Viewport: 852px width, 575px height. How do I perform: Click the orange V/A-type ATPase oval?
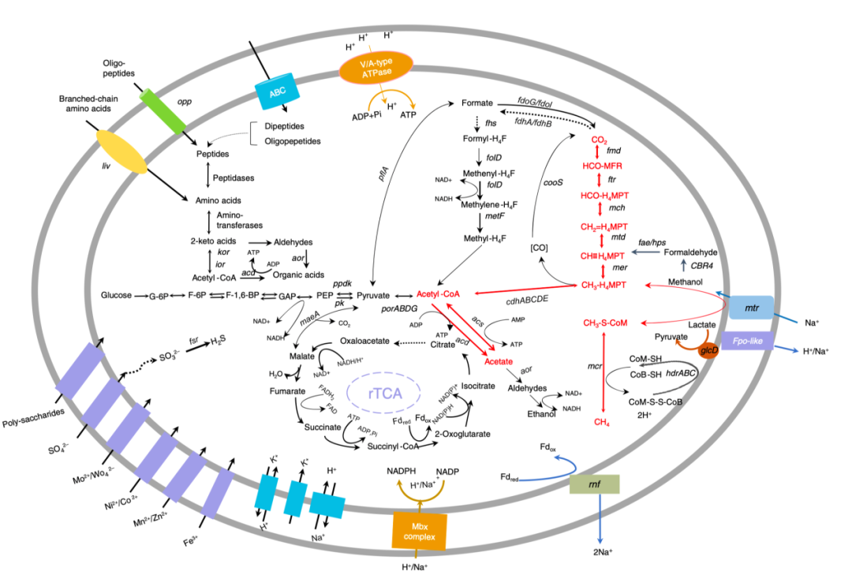coord(376,66)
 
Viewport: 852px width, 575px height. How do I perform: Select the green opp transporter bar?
coord(163,110)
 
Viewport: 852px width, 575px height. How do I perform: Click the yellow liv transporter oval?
coord(121,151)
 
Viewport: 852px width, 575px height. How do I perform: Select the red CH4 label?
coord(603,422)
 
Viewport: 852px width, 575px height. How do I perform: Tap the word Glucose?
coord(116,296)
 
